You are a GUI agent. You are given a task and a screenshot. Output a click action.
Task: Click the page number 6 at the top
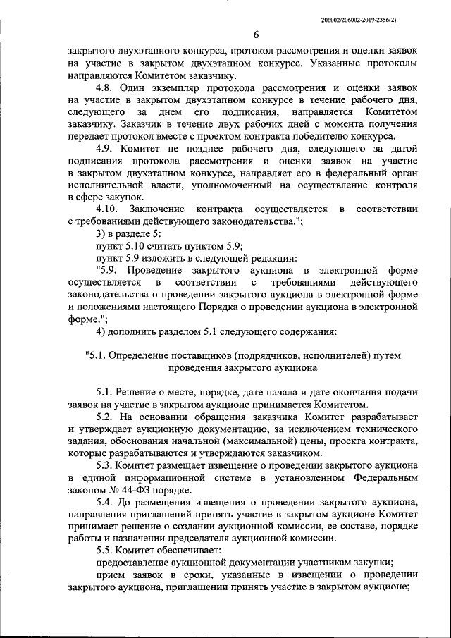coord(256,35)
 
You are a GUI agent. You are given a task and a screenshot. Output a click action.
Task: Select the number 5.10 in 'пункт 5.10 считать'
coord(139,245)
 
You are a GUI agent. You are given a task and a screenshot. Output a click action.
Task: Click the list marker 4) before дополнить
coord(101,331)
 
